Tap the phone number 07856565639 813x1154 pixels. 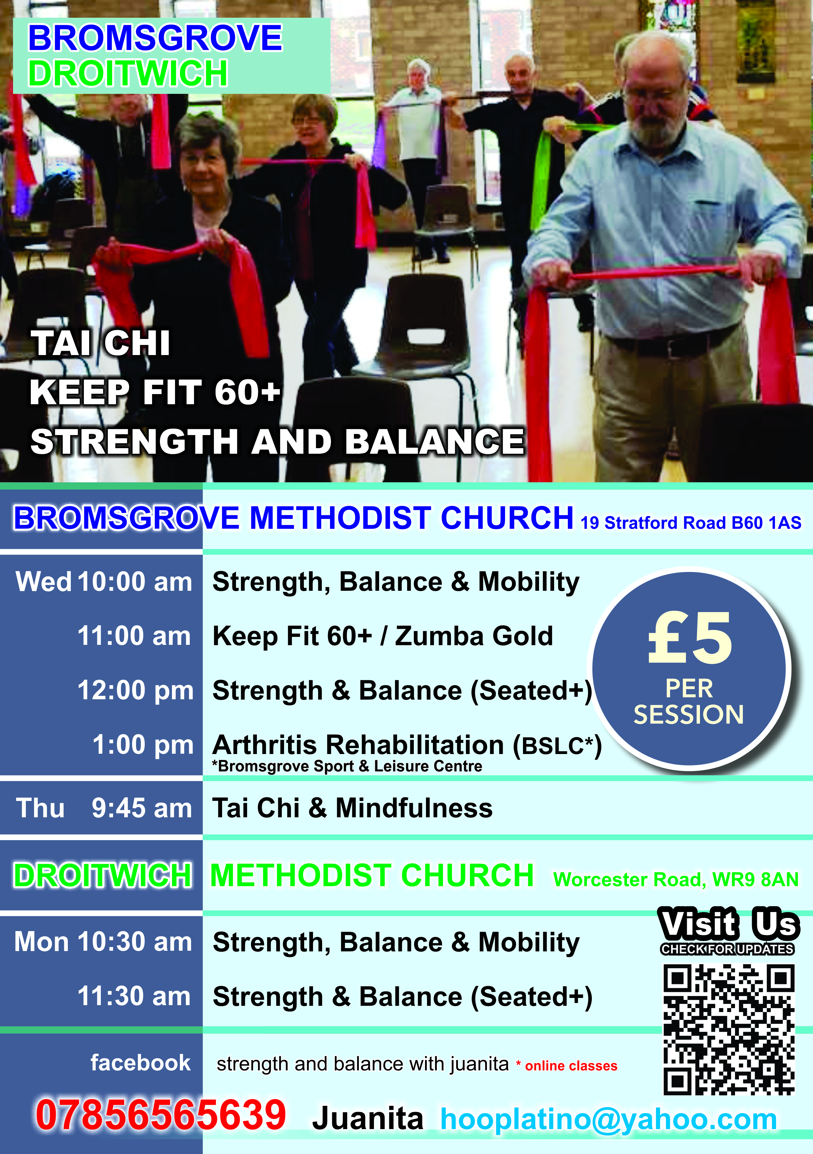(161, 1115)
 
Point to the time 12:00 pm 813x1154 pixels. (135, 690)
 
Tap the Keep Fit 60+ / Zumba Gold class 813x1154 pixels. (382, 636)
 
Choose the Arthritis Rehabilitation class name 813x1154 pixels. (358, 745)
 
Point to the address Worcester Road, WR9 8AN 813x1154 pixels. (676, 880)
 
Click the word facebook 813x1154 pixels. (141, 1063)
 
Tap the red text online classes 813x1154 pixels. (571, 1066)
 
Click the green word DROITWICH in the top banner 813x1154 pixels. (128, 73)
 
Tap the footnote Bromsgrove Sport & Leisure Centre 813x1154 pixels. (347, 766)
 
